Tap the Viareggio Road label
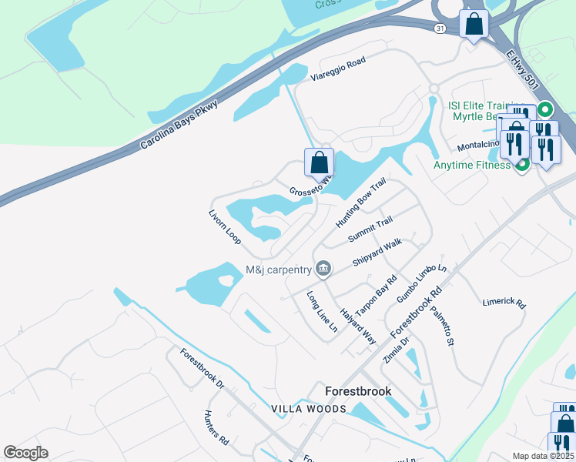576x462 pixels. click(x=337, y=69)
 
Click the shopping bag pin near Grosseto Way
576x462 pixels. click(x=319, y=163)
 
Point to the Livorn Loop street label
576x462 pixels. click(x=226, y=227)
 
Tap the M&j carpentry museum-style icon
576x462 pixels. click(x=323, y=269)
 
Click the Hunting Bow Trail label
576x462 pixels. click(x=360, y=204)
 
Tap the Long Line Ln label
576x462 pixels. click(x=322, y=311)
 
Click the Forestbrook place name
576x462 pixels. click(x=358, y=391)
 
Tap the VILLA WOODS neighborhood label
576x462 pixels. click(x=308, y=409)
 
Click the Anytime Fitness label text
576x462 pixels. click(x=472, y=165)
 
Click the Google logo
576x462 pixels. click(x=25, y=453)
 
